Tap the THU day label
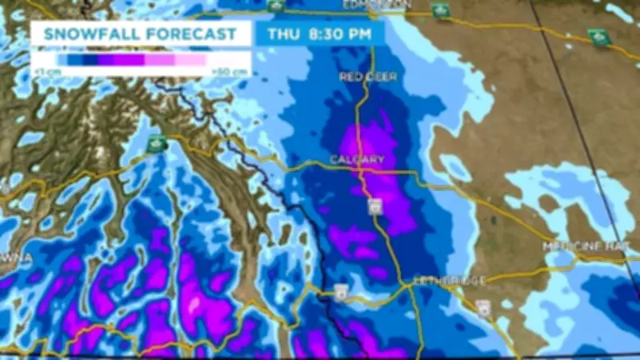click(x=284, y=34)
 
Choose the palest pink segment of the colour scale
click(x=190, y=59)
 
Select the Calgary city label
click(x=358, y=160)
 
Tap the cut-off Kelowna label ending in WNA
click(x=16, y=258)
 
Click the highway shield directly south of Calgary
click(x=375, y=206)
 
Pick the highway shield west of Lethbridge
click(x=342, y=290)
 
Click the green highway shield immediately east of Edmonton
click(x=440, y=10)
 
